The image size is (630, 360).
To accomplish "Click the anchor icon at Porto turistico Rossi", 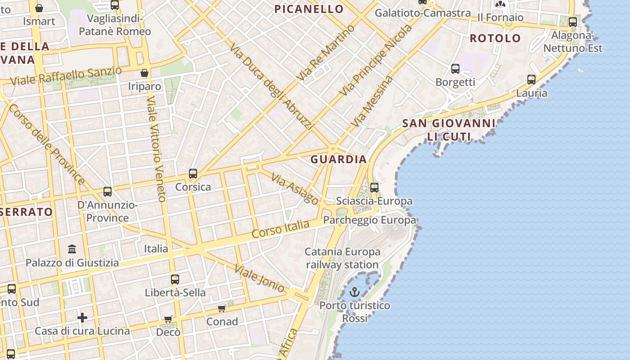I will coord(355,292).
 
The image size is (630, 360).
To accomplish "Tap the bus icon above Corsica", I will coord(193,173).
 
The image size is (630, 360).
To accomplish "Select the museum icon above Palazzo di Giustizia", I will coord(72,249).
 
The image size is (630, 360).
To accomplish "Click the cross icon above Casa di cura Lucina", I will coord(82,318).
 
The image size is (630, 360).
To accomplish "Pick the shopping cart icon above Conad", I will coord(221,308).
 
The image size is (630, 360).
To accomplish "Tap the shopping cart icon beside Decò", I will coord(168,319).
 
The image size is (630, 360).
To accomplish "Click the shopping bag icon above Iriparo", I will coord(144,72).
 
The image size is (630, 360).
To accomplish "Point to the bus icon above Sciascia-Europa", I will coord(374,188).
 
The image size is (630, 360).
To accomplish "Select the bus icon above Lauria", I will coord(531,80).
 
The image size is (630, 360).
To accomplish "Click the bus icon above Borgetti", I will coord(455,69).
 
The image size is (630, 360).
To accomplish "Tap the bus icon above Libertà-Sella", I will coord(175,279).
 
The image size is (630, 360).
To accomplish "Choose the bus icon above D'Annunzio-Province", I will coord(108,192).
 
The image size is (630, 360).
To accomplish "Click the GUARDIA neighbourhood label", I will coord(338,159).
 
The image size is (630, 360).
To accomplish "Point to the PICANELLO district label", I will coord(309,9).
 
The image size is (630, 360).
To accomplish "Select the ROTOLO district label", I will coord(495,38).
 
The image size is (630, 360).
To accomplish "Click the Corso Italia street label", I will coord(281,229).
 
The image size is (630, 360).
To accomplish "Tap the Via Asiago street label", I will coord(295,189).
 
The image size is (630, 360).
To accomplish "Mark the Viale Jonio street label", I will coord(260,278).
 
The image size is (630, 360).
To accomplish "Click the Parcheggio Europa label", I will coord(370,220).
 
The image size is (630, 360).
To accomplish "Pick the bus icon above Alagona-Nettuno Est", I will coord(572,22).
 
